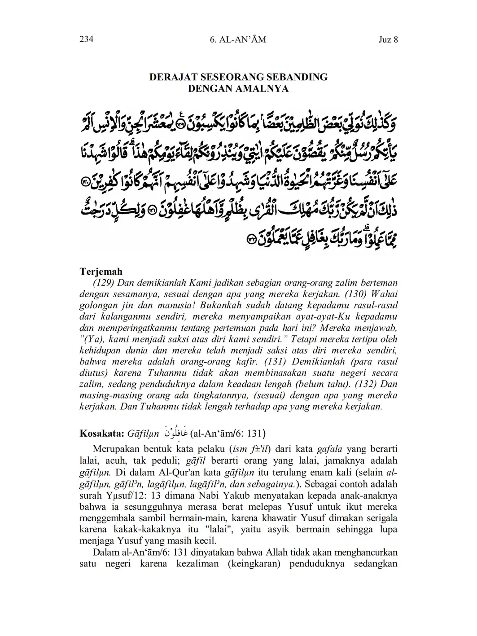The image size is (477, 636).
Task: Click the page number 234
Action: click(86, 39)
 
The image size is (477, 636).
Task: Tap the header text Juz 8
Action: click(388, 39)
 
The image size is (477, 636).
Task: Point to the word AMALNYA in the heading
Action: click(262, 88)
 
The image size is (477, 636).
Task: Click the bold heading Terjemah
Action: click(101, 272)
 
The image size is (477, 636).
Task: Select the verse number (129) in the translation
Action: click(104, 283)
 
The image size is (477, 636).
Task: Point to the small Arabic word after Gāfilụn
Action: click(175, 433)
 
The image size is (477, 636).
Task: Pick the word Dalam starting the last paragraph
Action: click(104, 552)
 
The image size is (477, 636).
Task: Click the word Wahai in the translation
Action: click(386, 294)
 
